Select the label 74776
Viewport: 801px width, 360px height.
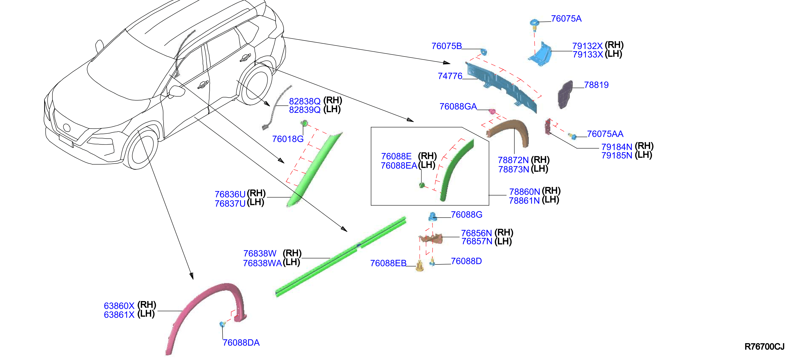point(450,76)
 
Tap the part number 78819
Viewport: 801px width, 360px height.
point(596,85)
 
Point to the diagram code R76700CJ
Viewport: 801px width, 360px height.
point(764,346)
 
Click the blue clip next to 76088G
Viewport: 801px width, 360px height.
point(432,216)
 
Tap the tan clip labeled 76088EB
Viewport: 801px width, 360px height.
point(420,266)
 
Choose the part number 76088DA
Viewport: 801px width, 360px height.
point(241,343)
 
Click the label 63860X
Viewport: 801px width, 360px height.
point(119,306)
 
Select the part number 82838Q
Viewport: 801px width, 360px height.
point(305,101)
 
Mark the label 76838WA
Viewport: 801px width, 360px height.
point(262,263)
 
